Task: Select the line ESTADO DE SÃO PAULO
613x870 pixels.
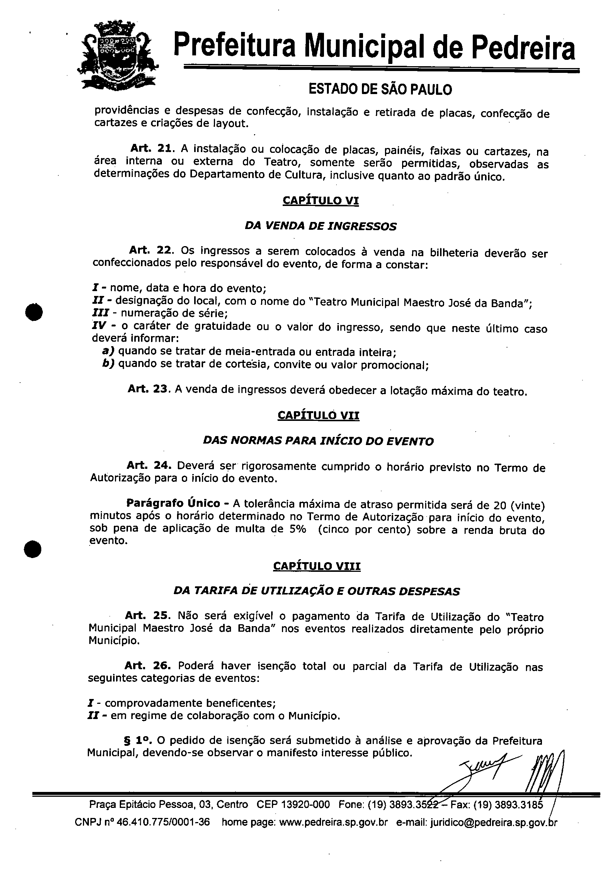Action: [x=380, y=90]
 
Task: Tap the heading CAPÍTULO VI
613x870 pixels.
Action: [x=320, y=200]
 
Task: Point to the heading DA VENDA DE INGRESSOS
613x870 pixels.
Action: [x=320, y=226]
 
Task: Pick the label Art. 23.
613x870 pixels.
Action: [x=148, y=389]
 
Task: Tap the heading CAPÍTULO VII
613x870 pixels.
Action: [x=318, y=415]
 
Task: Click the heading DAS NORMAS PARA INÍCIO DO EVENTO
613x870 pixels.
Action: [x=318, y=441]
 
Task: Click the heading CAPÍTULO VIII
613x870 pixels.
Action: [x=317, y=566]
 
